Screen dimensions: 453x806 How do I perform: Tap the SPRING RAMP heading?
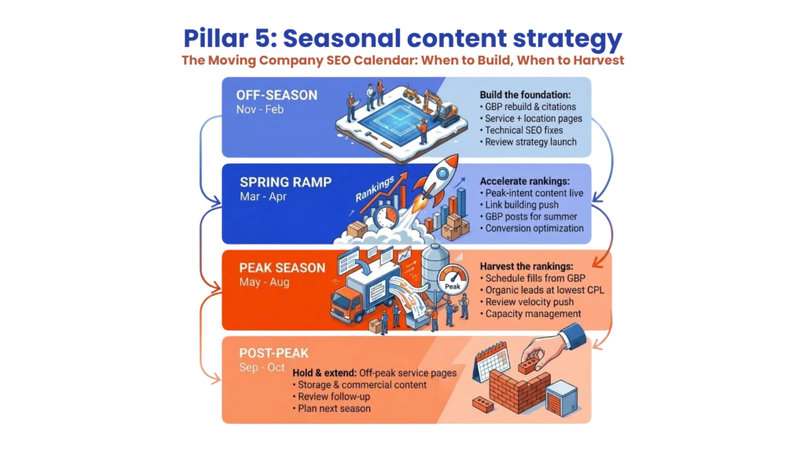(x=285, y=182)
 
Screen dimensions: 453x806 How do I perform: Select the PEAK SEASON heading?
(x=282, y=267)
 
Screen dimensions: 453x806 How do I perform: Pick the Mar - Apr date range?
(x=264, y=197)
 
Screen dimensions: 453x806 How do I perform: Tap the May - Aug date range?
(x=265, y=282)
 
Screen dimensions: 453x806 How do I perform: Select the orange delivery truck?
(x=353, y=299)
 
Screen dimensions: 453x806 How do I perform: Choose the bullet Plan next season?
(x=335, y=409)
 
